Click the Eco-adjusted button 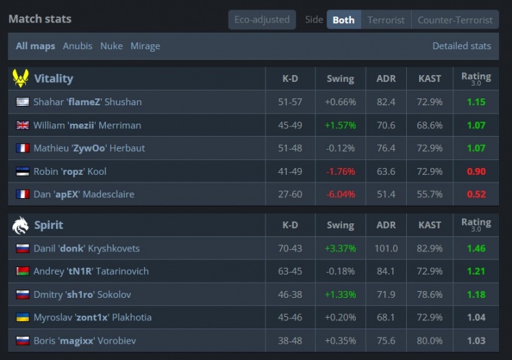262,20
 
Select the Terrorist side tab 386,20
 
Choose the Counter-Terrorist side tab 455,20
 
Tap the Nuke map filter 111,46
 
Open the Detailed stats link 461,46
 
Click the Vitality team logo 20,79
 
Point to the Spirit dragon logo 20,225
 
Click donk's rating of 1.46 476,249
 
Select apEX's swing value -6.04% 340,195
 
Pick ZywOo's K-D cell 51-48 290,148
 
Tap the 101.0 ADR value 386,249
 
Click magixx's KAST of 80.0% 429,341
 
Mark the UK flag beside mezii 23,125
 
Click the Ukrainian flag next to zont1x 23,317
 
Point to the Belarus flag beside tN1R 23,271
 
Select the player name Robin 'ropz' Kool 70,171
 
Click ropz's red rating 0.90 476,171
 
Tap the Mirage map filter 145,46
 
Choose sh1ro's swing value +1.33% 340,294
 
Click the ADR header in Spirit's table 386,225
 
